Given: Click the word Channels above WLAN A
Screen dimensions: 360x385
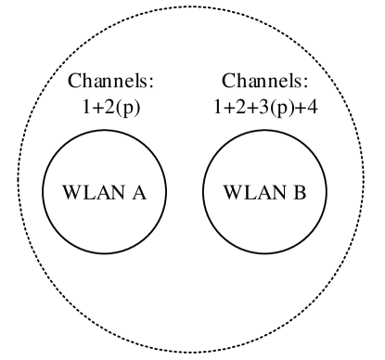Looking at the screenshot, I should tap(109, 82).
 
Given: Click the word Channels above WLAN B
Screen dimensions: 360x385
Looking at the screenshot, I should tap(262, 82).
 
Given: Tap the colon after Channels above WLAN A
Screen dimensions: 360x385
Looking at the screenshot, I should tap(149, 84).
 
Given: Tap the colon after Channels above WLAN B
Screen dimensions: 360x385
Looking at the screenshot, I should tap(302, 84).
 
